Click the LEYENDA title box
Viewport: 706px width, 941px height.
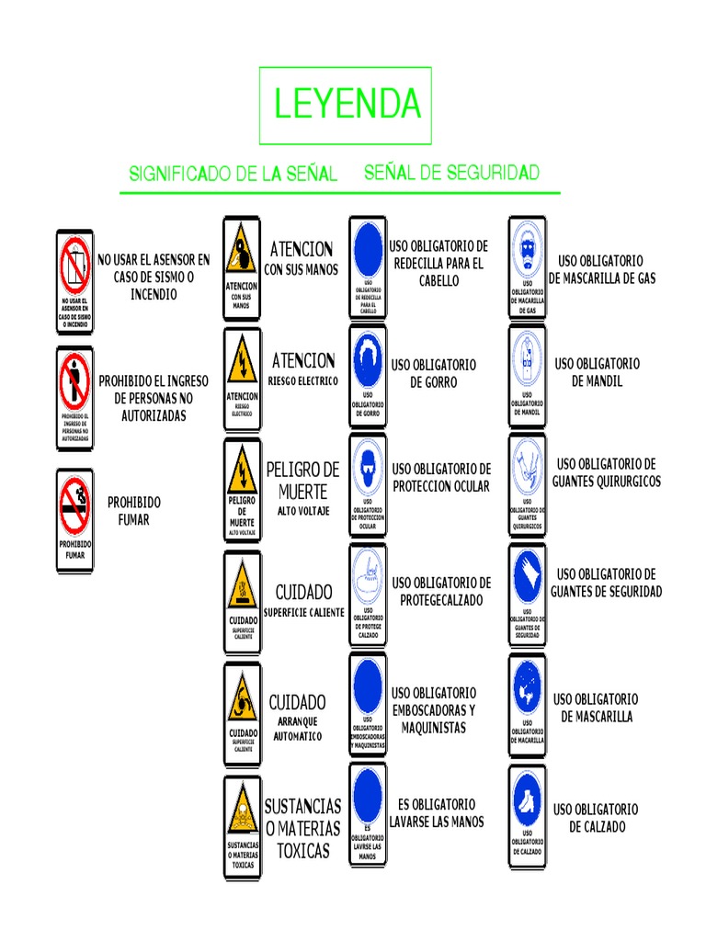pyautogui.click(x=346, y=105)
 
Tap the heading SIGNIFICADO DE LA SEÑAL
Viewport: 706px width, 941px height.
pyautogui.click(x=233, y=174)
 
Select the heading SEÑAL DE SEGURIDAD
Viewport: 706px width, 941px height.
pyautogui.click(x=451, y=172)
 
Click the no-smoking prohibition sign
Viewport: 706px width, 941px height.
pyautogui.click(x=74, y=520)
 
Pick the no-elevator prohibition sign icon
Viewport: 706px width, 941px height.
pyautogui.click(x=74, y=281)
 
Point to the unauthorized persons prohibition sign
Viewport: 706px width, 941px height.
pyautogui.click(x=74, y=398)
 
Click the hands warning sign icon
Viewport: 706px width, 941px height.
pyautogui.click(x=242, y=267)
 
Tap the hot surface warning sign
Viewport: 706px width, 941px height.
pyautogui.click(x=242, y=602)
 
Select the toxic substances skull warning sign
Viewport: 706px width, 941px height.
pyautogui.click(x=242, y=828)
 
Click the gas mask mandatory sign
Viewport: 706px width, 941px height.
pyautogui.click(x=527, y=267)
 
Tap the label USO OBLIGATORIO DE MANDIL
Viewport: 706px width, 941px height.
pyautogui.click(x=597, y=372)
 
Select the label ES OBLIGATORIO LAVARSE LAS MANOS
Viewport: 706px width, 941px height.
pyautogui.click(x=436, y=813)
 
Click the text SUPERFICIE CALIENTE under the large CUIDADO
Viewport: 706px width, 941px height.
pyautogui.click(x=303, y=612)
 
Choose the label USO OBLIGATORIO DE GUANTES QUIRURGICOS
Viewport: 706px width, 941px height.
pyautogui.click(x=606, y=472)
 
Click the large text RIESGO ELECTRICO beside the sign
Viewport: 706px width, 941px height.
pyautogui.click(x=303, y=380)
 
